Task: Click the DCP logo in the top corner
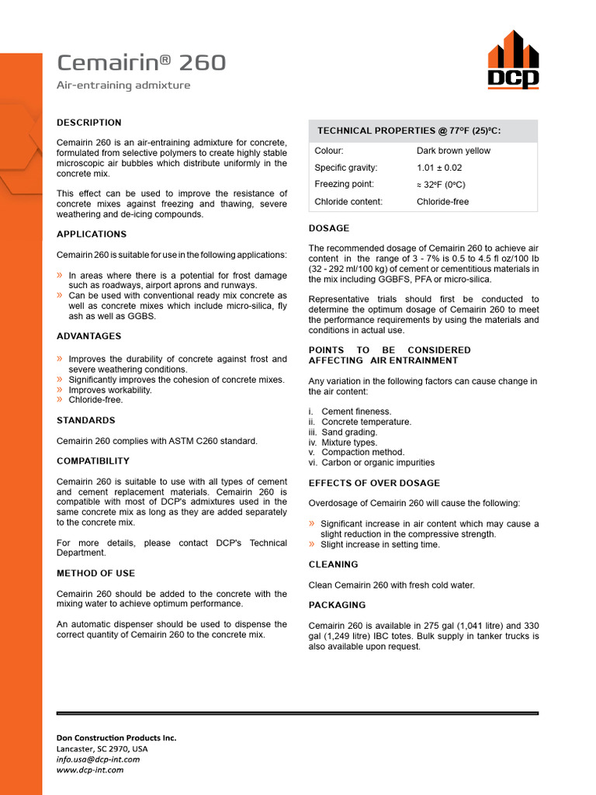tap(513, 61)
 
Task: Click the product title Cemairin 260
tap(141, 63)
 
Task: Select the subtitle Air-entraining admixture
tap(123, 85)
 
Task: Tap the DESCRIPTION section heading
tap(89, 123)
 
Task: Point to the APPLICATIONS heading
tap(92, 234)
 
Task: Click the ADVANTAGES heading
tap(89, 336)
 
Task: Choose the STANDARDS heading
tap(85, 420)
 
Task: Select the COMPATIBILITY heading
tap(93, 461)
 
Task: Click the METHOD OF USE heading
tap(95, 573)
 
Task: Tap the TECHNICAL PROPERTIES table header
tap(409, 131)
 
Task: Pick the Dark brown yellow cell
tap(453, 151)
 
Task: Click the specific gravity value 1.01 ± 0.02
tap(439, 168)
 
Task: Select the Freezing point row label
tap(344, 184)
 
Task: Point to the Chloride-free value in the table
tap(442, 202)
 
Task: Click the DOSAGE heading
tap(329, 228)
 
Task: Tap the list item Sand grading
tap(349, 432)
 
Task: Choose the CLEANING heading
tap(334, 564)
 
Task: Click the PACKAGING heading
tap(337, 605)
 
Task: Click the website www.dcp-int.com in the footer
tap(90, 770)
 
